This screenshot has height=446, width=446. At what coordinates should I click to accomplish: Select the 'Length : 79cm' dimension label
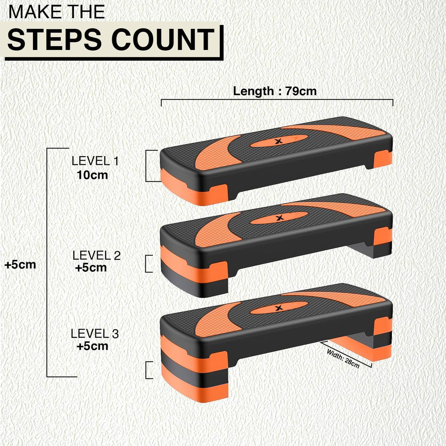pos(275,91)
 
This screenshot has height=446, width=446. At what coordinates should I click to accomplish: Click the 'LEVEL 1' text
pos(95,161)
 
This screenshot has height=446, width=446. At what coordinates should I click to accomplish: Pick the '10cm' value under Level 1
pos(92,175)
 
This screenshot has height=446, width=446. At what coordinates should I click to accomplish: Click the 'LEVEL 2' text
pos(96,255)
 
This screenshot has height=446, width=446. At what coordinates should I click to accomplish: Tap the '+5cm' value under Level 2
pos(91,267)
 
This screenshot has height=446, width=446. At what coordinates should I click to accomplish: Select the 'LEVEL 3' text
pos(95,333)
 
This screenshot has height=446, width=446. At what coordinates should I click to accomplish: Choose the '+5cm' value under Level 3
pos(93,346)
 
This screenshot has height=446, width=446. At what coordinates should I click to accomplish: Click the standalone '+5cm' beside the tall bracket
pos(20,265)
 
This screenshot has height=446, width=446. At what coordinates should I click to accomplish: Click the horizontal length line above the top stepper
pos(277,100)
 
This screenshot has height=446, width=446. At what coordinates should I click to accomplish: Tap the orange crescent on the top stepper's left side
pos(215,153)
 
